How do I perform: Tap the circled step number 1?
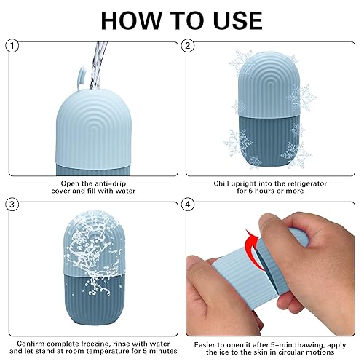point(11,46)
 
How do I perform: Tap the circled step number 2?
point(189,46)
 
